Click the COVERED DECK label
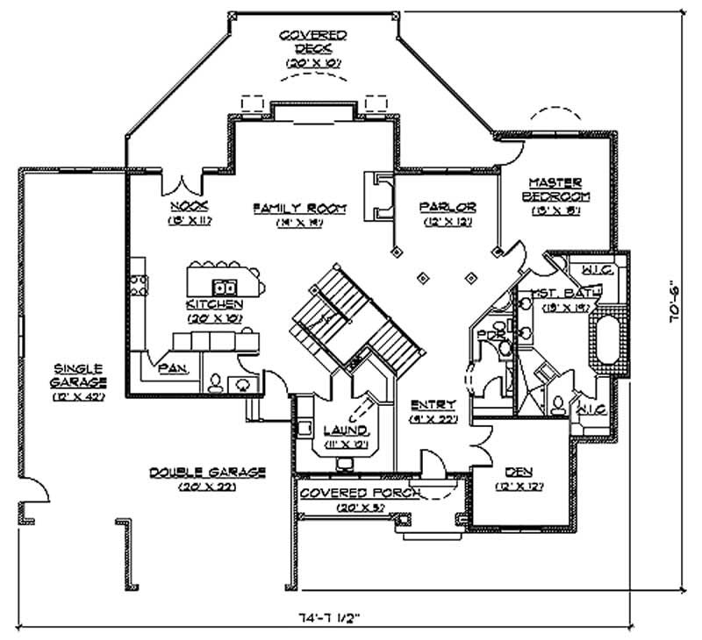pyautogui.click(x=313, y=42)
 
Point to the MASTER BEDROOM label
pyautogui.click(x=555, y=189)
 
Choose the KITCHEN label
pyautogui.click(x=213, y=303)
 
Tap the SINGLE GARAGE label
pyautogui.click(x=79, y=375)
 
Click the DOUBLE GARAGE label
pyautogui.click(x=207, y=473)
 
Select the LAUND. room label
pyautogui.click(x=345, y=432)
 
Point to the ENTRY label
pyautogui.click(x=433, y=405)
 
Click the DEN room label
pyautogui.click(x=508, y=483)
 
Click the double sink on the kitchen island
pyautogui.click(x=226, y=286)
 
